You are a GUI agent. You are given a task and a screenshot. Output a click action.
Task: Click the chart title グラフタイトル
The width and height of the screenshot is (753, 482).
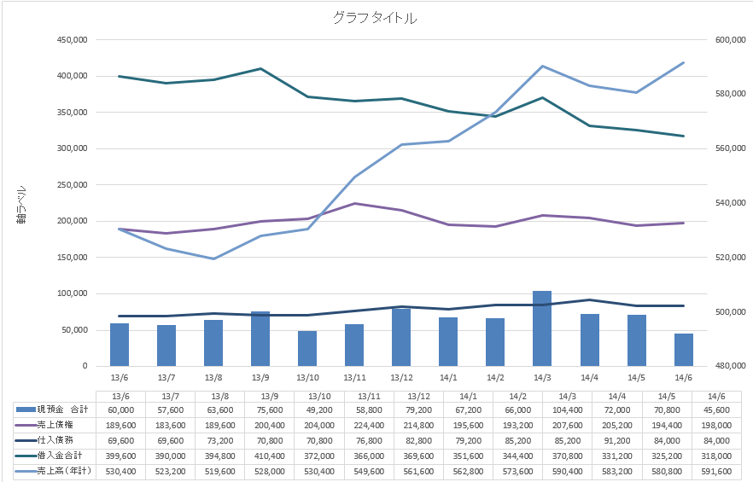pyautogui.click(x=376, y=18)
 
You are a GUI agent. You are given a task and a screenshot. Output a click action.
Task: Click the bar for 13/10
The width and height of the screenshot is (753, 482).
pyautogui.click(x=307, y=348)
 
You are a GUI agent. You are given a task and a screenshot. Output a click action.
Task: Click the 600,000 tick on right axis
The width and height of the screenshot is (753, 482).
pyautogui.click(x=726, y=39)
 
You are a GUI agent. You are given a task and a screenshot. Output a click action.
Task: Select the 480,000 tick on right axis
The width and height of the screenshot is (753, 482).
pyautogui.click(x=726, y=366)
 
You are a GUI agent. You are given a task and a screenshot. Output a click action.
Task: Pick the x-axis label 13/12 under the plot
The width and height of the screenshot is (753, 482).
pyautogui.click(x=401, y=378)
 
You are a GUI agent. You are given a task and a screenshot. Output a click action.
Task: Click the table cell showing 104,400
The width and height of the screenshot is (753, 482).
pyautogui.click(x=542, y=410)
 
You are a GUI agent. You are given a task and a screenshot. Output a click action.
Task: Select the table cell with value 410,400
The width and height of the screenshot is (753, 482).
pyautogui.click(x=260, y=456)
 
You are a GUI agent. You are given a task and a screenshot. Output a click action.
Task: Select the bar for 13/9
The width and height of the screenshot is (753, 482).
pyautogui.click(x=260, y=339)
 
